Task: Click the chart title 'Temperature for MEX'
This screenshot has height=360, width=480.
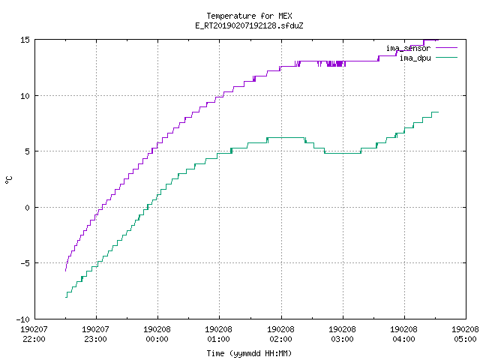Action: tap(249, 16)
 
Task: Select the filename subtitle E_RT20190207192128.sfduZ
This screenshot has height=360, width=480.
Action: tap(249, 25)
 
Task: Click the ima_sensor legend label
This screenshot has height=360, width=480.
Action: tap(408, 48)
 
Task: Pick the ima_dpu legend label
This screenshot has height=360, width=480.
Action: tap(415, 58)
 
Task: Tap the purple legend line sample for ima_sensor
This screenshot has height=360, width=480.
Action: tap(446, 48)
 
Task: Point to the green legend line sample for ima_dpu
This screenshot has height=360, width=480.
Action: tap(446, 58)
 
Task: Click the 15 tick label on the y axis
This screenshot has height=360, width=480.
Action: tap(25, 40)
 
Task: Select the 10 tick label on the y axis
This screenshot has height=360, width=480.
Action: tap(25, 96)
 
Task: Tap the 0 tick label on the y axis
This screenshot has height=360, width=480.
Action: tap(27, 208)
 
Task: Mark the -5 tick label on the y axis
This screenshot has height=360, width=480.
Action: tap(25, 263)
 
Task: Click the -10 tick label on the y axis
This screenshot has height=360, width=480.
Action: tap(23, 319)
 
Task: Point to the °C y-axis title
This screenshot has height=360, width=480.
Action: tap(8, 180)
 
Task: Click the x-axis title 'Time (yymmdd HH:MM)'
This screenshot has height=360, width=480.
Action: tap(249, 353)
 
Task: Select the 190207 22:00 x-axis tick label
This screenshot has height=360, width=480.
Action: tap(34, 334)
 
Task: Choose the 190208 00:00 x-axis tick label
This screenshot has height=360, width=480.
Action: tap(157, 334)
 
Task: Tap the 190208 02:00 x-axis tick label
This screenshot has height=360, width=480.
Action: tap(280, 334)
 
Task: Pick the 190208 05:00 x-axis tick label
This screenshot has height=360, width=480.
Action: tap(465, 334)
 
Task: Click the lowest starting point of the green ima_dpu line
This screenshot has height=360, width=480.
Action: tap(65, 297)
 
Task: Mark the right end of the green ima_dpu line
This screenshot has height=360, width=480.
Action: tap(438, 112)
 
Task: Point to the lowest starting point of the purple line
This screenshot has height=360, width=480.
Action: tap(65, 271)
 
